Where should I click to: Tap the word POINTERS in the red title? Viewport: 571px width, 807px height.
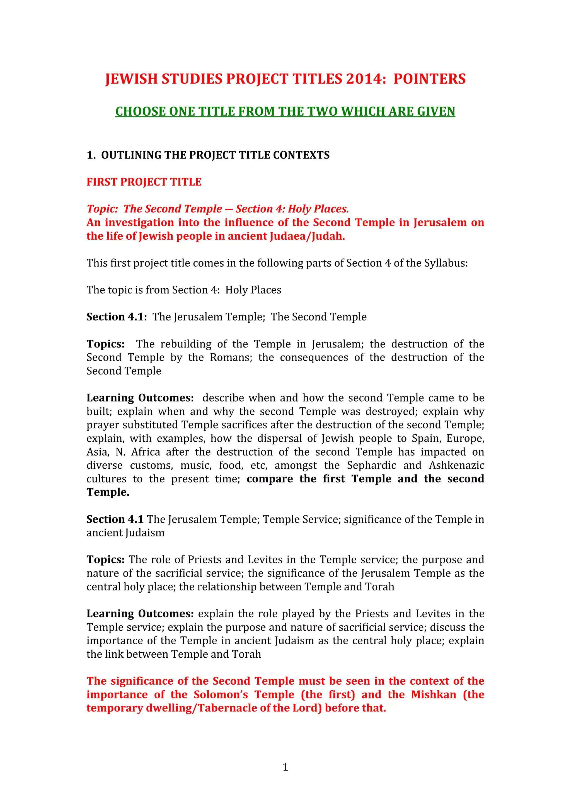pos(429,79)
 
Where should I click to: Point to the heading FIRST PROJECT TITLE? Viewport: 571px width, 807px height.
pos(144,182)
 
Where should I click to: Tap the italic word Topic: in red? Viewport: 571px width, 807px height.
pos(102,209)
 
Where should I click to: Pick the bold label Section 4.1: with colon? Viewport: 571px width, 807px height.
pos(117,317)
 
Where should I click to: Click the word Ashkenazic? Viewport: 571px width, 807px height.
pos(456,465)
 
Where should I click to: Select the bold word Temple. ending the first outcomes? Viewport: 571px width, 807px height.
pos(108,492)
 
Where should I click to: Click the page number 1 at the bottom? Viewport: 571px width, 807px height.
pos(285,767)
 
